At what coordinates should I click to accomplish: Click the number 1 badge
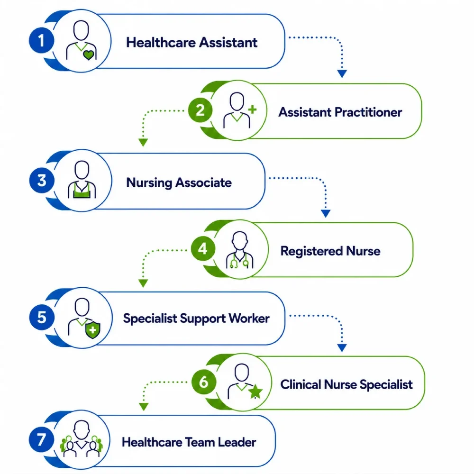[x=41, y=40]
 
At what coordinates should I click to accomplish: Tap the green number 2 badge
[x=200, y=110]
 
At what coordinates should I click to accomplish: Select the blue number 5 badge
[x=42, y=318]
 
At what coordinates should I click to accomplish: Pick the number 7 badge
[x=41, y=440]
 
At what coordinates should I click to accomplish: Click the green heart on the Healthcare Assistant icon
[x=89, y=55]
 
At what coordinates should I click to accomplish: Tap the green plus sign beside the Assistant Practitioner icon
[x=253, y=110]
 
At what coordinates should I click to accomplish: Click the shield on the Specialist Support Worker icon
[x=93, y=330]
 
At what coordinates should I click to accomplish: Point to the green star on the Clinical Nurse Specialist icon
[x=255, y=392]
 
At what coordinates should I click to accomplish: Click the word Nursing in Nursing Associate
[x=149, y=183]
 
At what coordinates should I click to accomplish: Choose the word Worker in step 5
[x=249, y=319]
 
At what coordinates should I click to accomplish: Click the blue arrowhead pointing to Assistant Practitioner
[x=342, y=73]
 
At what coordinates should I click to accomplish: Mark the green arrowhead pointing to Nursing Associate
[x=143, y=142]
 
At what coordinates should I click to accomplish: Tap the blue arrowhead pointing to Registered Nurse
[x=326, y=213]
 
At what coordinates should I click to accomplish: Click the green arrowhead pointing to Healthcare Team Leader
[x=144, y=407]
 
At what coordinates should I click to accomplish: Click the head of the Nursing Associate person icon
[x=82, y=170]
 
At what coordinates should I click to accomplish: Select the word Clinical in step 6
[x=301, y=384]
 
